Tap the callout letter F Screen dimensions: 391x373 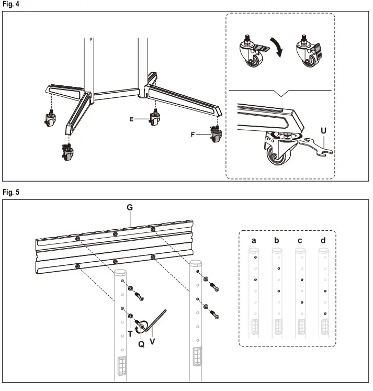click(193, 135)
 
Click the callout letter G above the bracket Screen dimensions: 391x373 click(130, 208)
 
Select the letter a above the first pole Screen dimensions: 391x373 click(254, 240)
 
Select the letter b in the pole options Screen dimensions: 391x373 click(277, 240)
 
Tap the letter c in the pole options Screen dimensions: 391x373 click(300, 240)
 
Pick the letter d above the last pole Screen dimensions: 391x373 click(323, 240)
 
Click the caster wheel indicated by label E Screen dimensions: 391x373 click(155, 119)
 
